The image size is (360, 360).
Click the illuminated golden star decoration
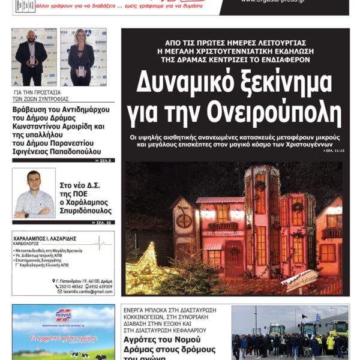coord(143,269)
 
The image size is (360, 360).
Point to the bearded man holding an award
coord(32,58)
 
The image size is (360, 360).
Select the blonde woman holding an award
coord(82,58)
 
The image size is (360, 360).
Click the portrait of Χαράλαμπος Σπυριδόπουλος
coord(34,193)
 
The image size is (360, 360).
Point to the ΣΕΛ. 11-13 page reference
coord(335,152)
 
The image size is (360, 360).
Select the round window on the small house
coord(184,221)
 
